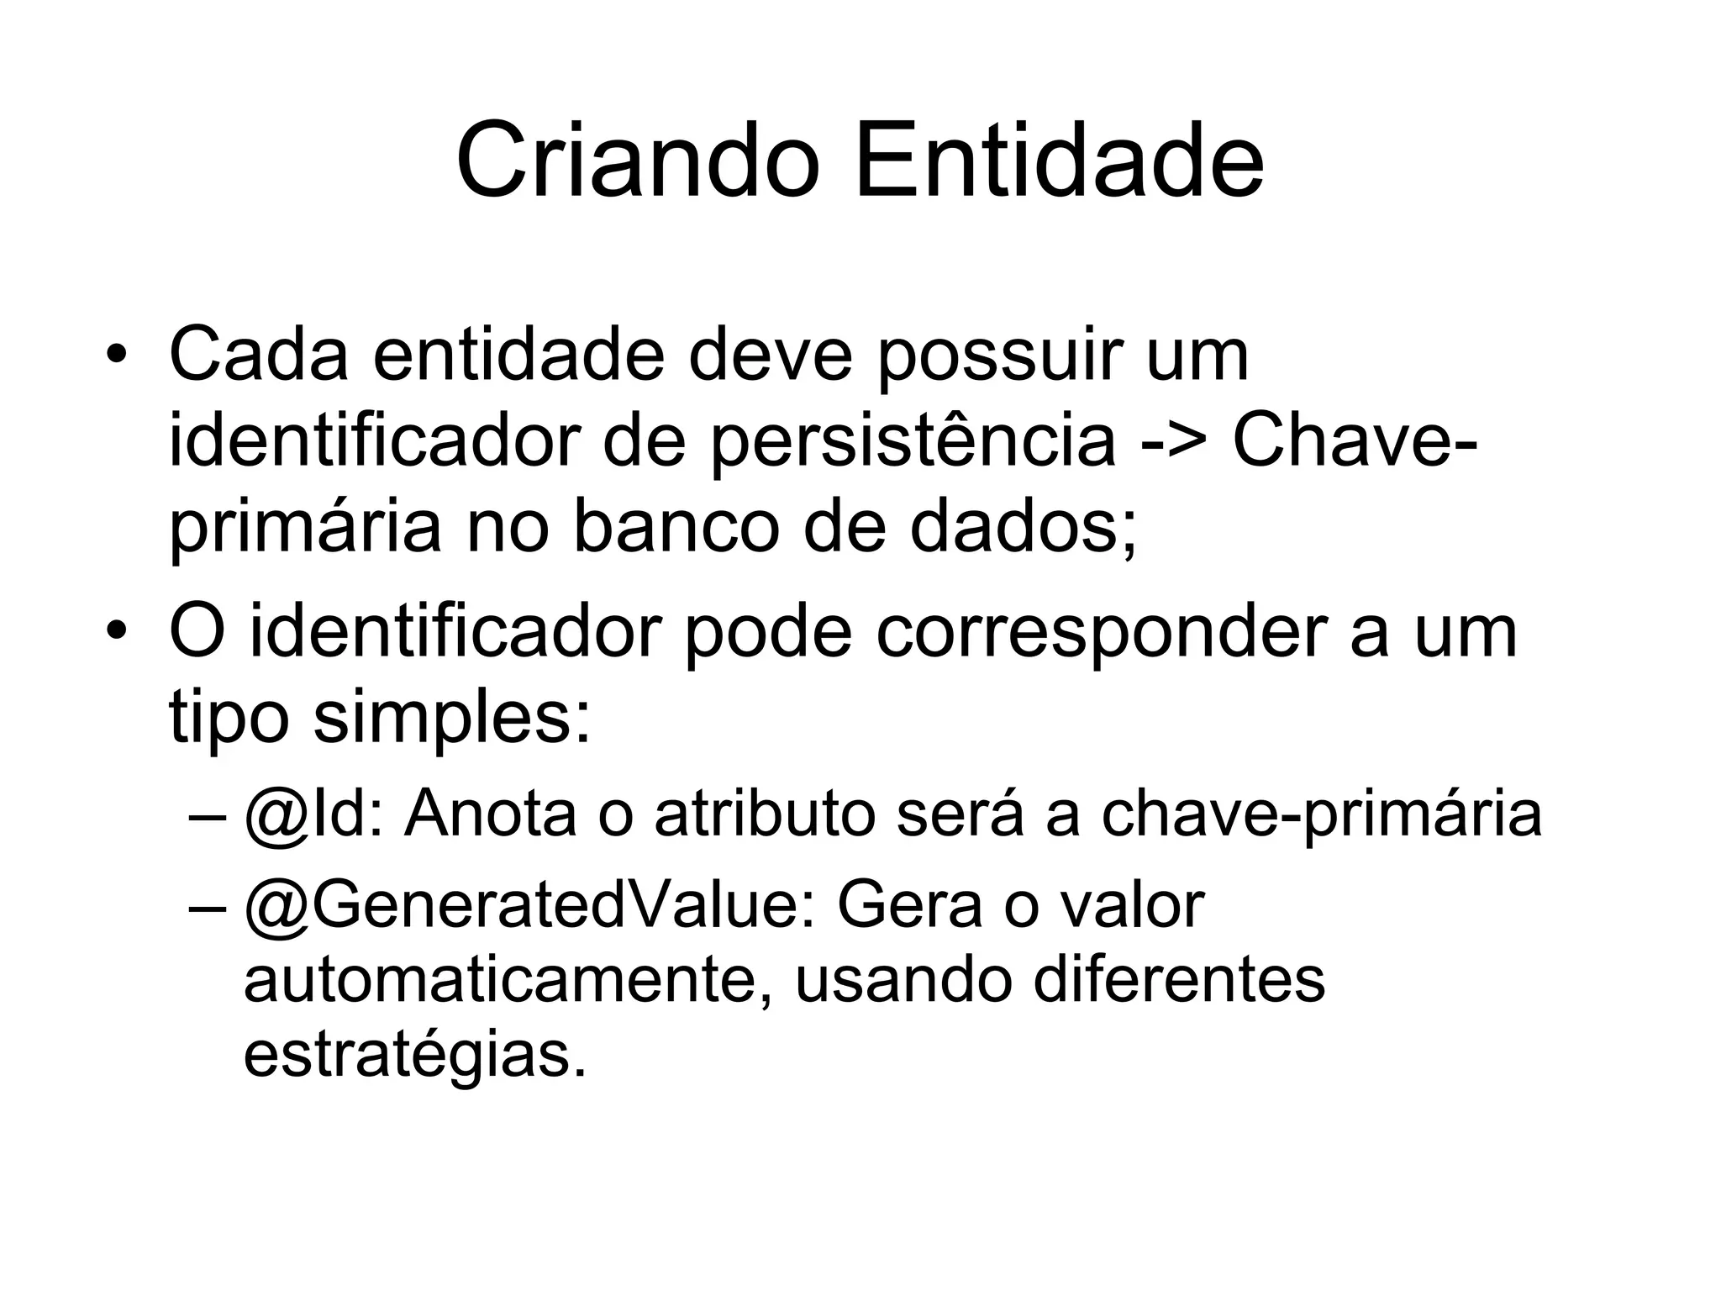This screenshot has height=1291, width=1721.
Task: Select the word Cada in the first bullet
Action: [258, 356]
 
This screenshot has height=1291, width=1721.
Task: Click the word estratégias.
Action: [414, 1056]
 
